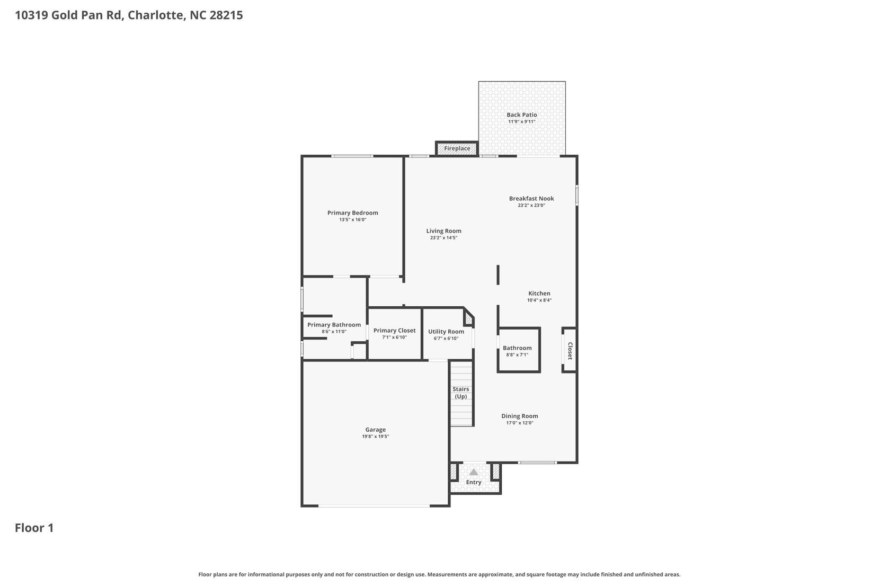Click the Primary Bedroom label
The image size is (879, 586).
click(352, 213)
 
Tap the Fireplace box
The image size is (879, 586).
click(457, 149)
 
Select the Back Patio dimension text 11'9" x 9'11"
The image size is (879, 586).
click(521, 122)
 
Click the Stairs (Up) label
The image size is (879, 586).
click(460, 393)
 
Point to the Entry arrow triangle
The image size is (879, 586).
click(474, 472)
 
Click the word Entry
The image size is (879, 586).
click(474, 482)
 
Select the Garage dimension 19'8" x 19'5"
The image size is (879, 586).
click(375, 437)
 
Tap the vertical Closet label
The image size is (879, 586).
click(570, 351)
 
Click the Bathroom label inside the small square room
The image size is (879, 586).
click(517, 348)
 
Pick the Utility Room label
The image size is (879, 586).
click(446, 332)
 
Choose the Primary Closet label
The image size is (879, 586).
click(394, 331)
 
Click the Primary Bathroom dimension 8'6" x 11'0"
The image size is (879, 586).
click(334, 332)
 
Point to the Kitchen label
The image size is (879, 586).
click(539, 294)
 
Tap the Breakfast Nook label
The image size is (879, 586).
click(531, 199)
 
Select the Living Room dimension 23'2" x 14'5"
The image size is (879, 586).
click(443, 238)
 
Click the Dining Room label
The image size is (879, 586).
click(519, 416)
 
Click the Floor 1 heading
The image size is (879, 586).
click(34, 528)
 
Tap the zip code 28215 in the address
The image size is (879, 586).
click(226, 15)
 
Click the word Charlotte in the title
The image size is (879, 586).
click(156, 15)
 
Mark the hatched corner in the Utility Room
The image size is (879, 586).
click(469, 319)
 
